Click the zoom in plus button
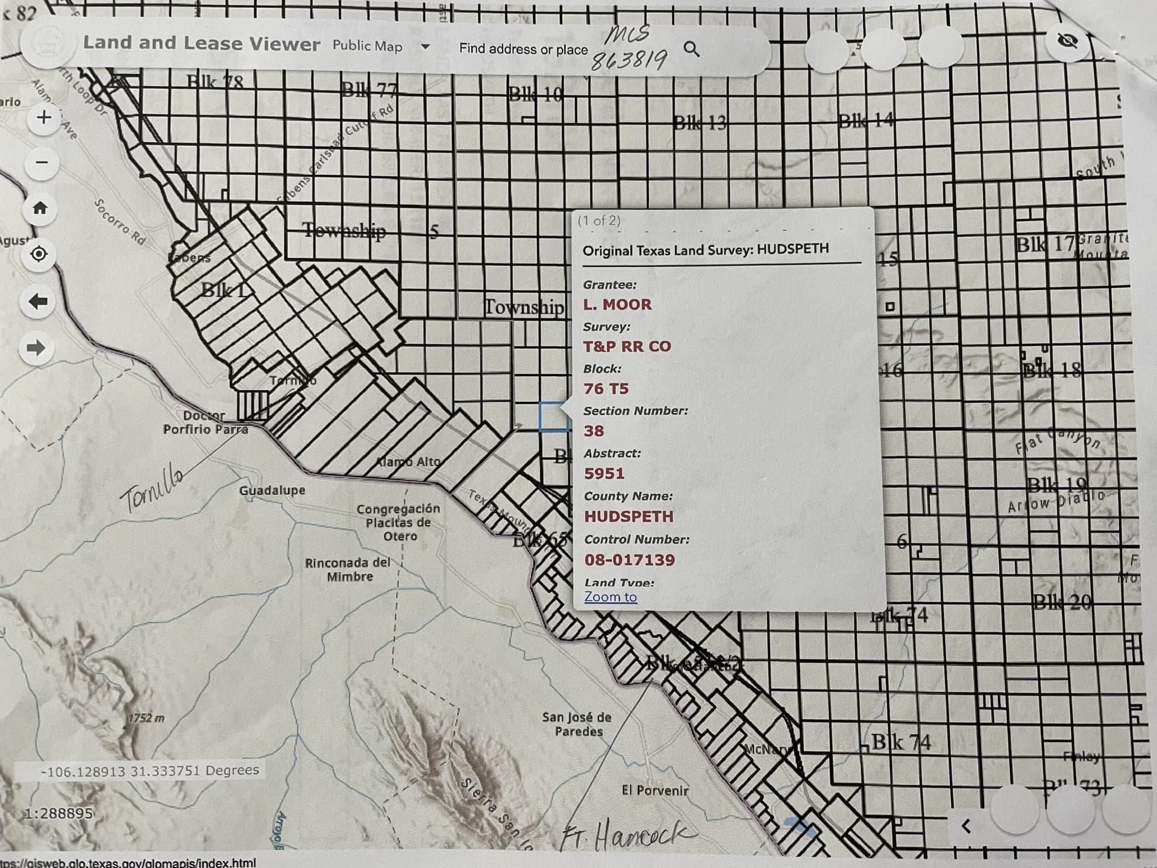tap(43, 117)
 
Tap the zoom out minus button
tap(42, 162)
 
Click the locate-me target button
tap(39, 254)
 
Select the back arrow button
tap(38, 301)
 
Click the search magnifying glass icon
tap(692, 49)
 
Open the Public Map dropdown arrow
tap(425, 46)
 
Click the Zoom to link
tap(610, 597)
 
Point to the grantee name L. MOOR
tap(617, 304)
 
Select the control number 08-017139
tap(629, 560)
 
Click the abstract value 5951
tap(604, 474)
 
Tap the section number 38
tap(594, 431)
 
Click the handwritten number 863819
tap(629, 60)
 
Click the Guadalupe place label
tap(272, 491)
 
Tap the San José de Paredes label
tap(577, 724)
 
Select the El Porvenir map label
tap(654, 790)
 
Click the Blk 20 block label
tap(1061, 602)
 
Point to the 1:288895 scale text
tap(58, 813)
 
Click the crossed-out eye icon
tap(1068, 41)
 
